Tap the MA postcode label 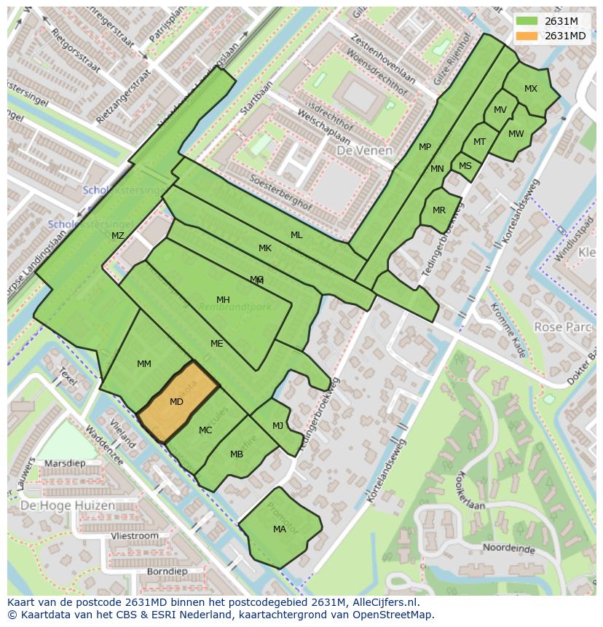click(x=280, y=529)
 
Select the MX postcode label click(x=531, y=89)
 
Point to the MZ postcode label click(x=118, y=235)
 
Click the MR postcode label click(x=439, y=210)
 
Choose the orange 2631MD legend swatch click(x=527, y=36)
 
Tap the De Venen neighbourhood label click(x=364, y=151)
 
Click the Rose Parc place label click(x=563, y=327)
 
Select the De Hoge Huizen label click(x=67, y=505)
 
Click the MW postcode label click(x=516, y=133)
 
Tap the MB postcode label click(x=237, y=454)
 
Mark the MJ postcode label click(x=277, y=426)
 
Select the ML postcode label click(x=296, y=234)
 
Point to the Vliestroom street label click(x=135, y=535)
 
